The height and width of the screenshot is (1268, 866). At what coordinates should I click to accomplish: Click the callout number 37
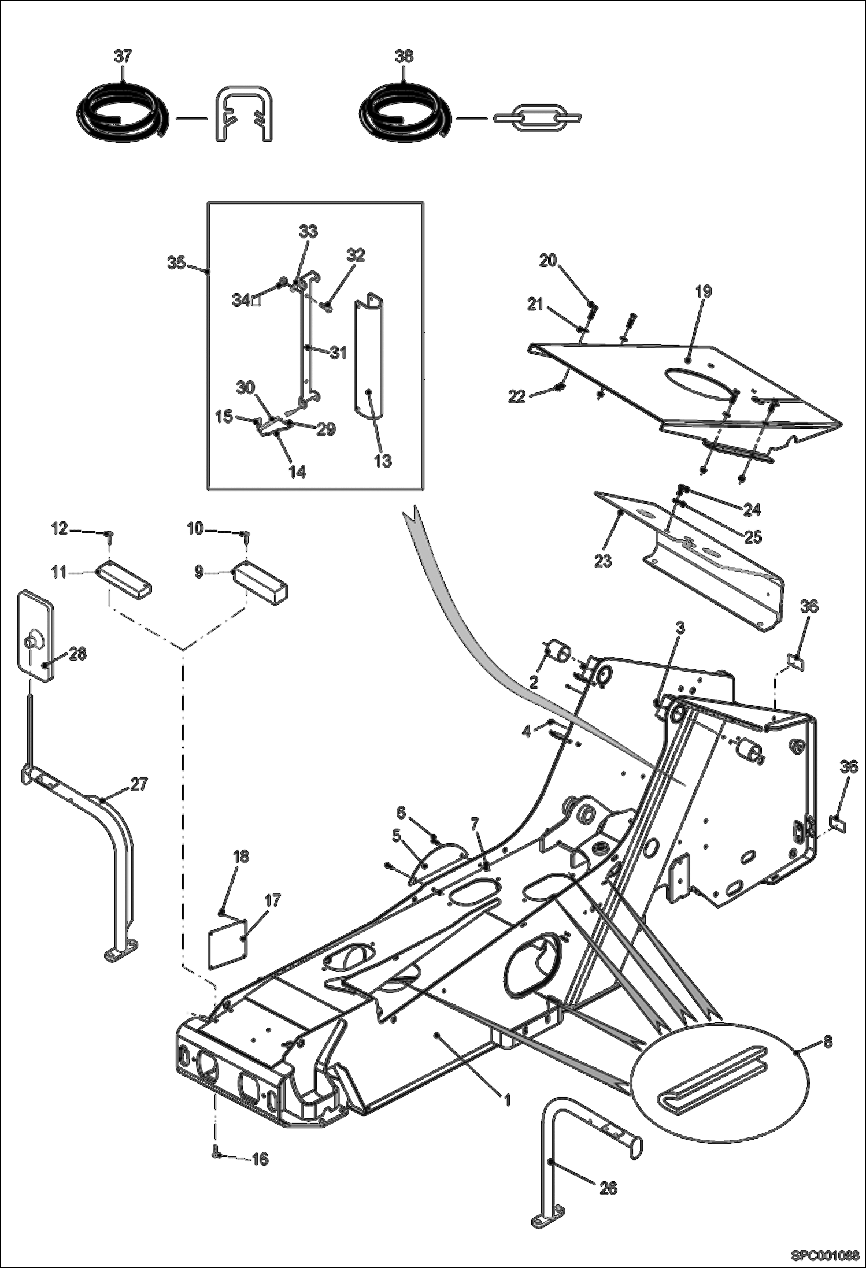click(123, 57)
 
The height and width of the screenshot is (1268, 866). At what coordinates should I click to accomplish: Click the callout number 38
click(404, 57)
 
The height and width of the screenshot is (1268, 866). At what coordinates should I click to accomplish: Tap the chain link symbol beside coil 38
click(537, 118)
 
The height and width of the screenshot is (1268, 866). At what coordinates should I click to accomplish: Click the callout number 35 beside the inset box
click(176, 263)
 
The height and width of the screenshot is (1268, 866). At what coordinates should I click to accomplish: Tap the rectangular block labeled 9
click(260, 580)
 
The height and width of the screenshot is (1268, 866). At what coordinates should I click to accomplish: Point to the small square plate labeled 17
click(227, 947)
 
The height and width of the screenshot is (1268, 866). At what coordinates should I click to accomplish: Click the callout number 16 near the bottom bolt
click(260, 1159)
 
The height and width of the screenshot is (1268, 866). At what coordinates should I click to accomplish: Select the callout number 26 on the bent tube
click(609, 1188)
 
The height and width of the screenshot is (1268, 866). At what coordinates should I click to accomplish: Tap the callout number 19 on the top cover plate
click(703, 291)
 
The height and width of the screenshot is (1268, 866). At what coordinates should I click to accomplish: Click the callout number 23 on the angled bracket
click(603, 561)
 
